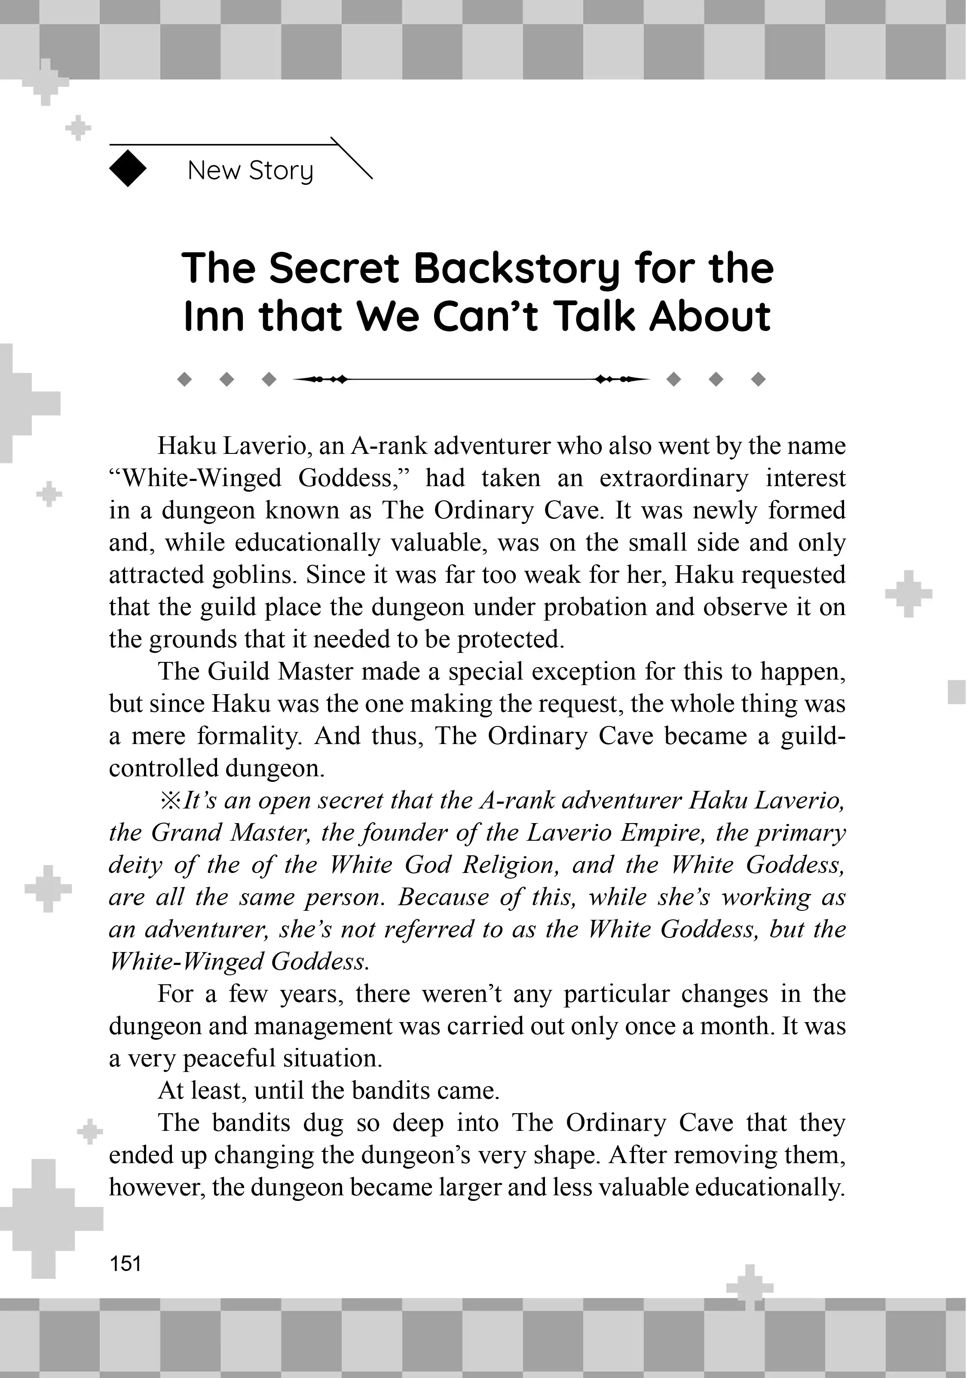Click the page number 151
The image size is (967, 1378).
tap(125, 1263)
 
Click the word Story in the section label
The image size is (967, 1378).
tap(281, 171)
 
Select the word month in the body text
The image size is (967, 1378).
tap(736, 1026)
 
